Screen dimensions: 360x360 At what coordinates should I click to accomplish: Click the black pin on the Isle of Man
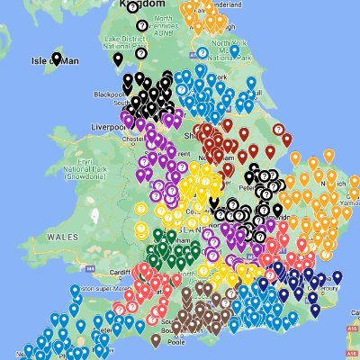(57, 59)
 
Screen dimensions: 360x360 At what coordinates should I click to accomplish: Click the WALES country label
(63, 236)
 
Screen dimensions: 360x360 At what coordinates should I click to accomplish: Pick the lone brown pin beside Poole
(156, 338)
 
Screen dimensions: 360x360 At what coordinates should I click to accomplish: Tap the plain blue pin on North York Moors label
(234, 50)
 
